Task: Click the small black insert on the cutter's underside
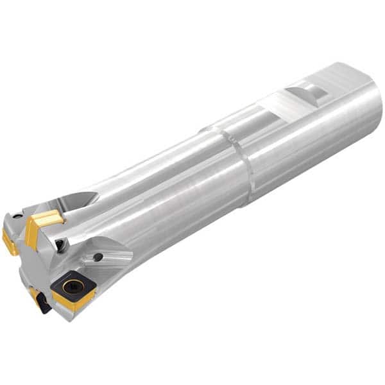click(x=42, y=302)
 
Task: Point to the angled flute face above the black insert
click(x=109, y=257)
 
